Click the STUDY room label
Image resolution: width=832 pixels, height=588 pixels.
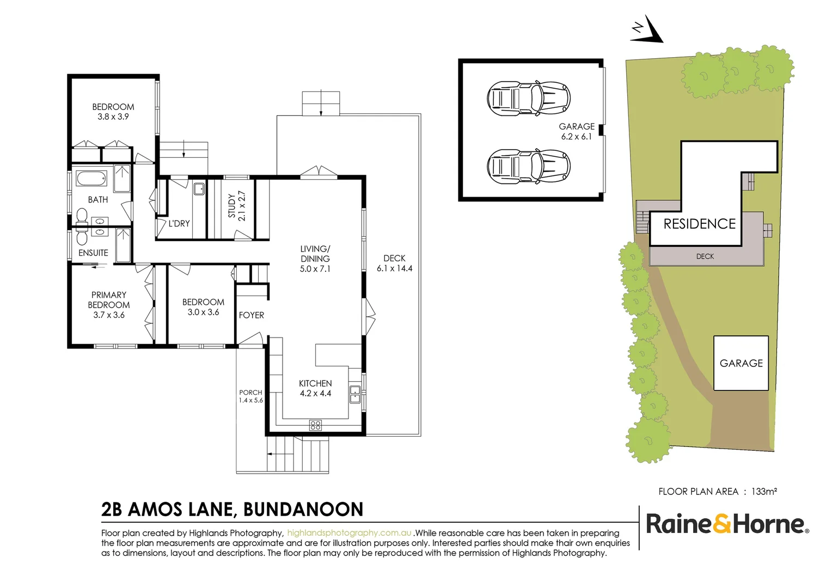[x=237, y=205]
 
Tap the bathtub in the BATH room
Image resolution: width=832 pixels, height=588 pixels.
[x=91, y=179]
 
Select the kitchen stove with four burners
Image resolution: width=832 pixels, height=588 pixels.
[x=315, y=425]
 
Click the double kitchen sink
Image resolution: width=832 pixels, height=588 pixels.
[x=354, y=394]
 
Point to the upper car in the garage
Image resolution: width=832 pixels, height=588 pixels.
[x=528, y=99]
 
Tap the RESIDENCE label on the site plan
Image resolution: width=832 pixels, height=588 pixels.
[x=699, y=224]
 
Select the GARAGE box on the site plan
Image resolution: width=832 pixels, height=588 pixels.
[x=741, y=363]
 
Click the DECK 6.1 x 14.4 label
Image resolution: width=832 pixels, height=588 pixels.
[x=394, y=264]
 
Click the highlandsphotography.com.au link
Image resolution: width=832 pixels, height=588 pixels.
[x=349, y=533]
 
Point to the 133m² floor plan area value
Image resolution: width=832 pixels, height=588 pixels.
[x=764, y=492]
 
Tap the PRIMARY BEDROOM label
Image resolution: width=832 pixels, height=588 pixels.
[x=109, y=305]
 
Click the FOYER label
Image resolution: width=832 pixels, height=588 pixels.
[x=251, y=315]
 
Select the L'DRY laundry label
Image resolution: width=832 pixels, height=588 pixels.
[x=179, y=223]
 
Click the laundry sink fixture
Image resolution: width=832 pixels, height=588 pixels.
[x=199, y=189]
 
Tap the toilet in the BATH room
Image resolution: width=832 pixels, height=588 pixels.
[x=82, y=216]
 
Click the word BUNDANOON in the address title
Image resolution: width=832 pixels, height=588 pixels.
[x=303, y=510]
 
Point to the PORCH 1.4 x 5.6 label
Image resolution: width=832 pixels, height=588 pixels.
[x=250, y=396]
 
